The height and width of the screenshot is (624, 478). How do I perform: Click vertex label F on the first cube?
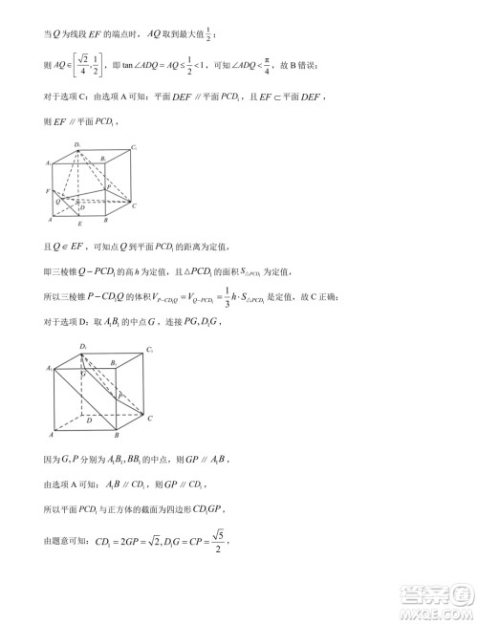click(x=47, y=193)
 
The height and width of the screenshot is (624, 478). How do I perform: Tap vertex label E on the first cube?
click(x=79, y=224)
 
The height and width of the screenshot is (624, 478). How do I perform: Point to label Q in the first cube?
click(x=58, y=202)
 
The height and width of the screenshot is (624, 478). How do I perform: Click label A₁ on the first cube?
click(x=47, y=164)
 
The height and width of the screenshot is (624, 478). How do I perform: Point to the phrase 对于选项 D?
click(x=73, y=325)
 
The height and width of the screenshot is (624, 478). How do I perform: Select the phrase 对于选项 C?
click(x=73, y=97)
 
